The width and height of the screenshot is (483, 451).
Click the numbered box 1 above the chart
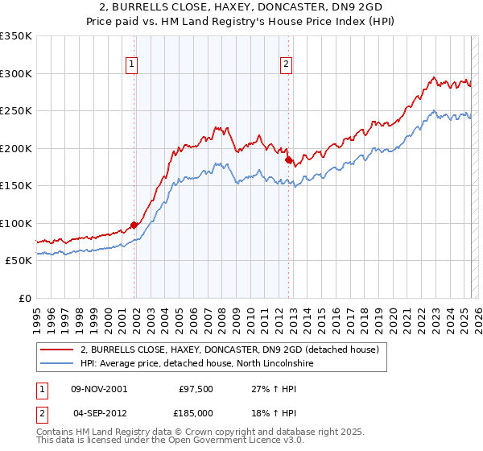tap(131, 67)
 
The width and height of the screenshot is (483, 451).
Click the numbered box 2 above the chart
tap(286, 67)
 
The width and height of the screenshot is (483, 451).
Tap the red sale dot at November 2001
tap(134, 225)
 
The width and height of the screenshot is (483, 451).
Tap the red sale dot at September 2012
tap(288, 160)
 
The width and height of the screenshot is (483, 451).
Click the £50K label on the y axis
tap(18, 261)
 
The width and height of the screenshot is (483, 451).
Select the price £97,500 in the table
tap(196, 388)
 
